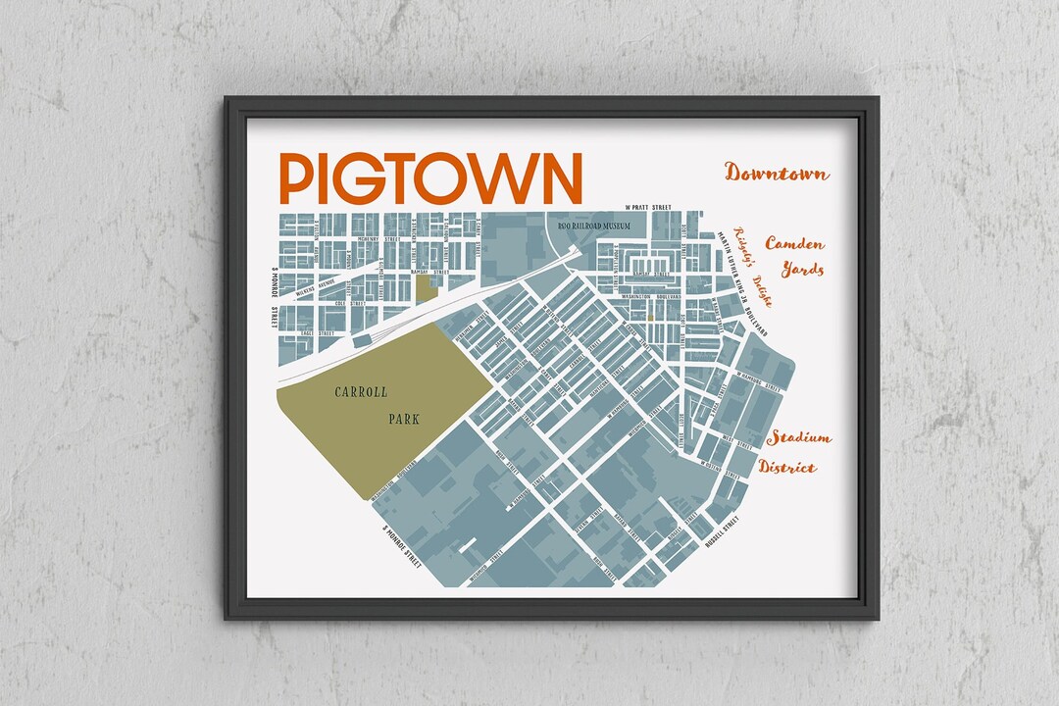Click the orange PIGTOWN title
tap(430, 178)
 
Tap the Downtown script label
tap(777, 174)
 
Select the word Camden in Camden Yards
tap(794, 243)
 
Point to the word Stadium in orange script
tap(799, 437)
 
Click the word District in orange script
tap(786, 467)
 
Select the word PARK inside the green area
tap(403, 419)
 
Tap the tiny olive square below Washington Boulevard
tap(648, 318)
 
